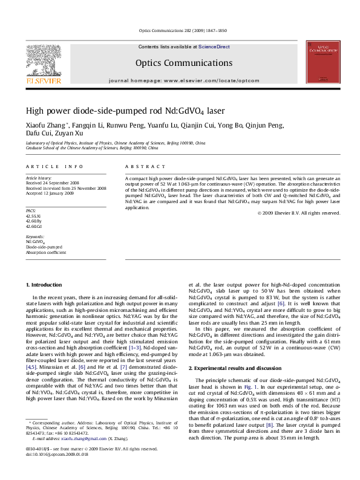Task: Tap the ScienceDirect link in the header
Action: coord(214,46)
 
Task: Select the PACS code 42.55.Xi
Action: coord(33,215)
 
